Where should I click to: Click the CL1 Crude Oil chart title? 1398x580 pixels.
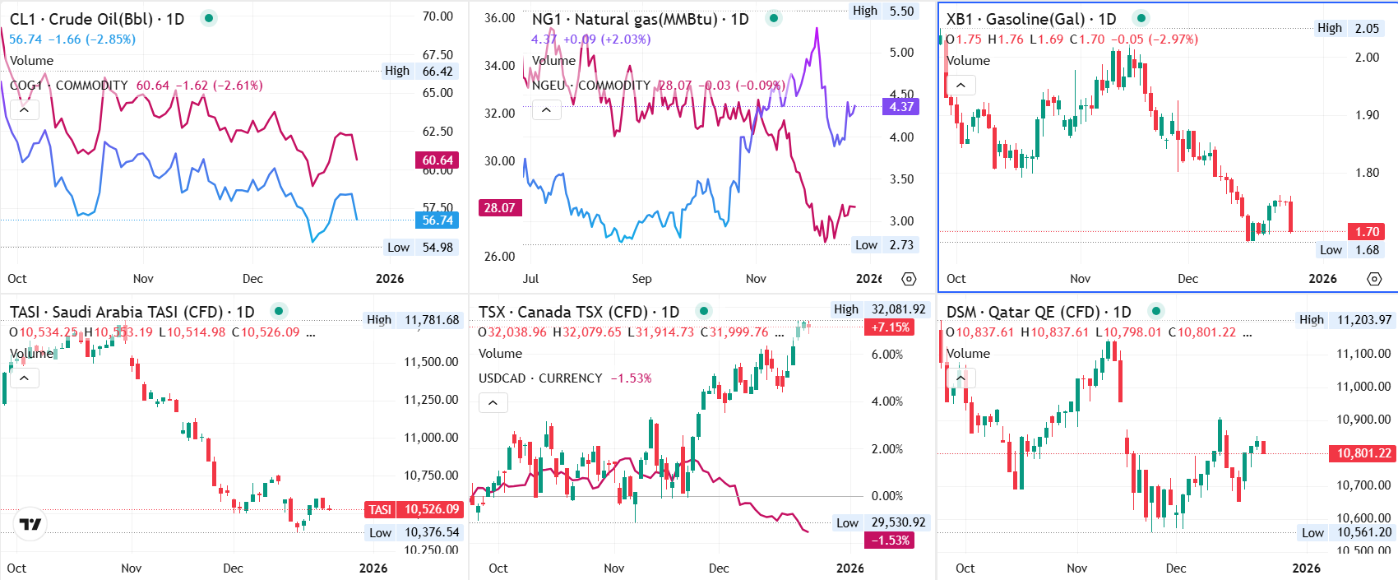coord(97,19)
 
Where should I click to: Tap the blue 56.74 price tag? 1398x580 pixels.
coord(437,220)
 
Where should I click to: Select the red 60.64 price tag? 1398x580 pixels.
coord(437,160)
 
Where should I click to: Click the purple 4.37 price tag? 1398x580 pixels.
coord(900,106)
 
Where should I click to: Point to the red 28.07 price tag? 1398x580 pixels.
coord(499,207)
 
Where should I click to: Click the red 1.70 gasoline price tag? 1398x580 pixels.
coord(1367,232)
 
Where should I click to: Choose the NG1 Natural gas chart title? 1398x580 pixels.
coord(640,19)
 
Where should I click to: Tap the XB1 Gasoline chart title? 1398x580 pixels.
coord(1030,19)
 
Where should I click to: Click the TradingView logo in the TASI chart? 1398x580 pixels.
coord(30,524)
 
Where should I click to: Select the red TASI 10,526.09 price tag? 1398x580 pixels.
coord(414,509)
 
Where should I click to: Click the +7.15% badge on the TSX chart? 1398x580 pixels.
coord(891,327)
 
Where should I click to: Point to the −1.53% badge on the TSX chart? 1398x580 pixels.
coord(891,541)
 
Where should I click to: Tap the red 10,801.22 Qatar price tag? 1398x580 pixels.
coord(1363,453)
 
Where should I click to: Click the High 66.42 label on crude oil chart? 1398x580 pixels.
coord(419,71)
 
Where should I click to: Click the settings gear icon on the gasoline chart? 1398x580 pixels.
coord(1374,279)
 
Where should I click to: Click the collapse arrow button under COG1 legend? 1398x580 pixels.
coord(25,109)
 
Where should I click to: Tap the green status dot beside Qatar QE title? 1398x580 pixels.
coord(1156,311)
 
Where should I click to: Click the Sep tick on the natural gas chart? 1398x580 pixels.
coord(641,279)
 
